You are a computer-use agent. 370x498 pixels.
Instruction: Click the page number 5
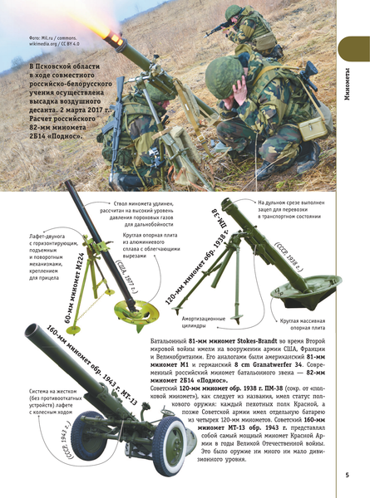click(x=346, y=475)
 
